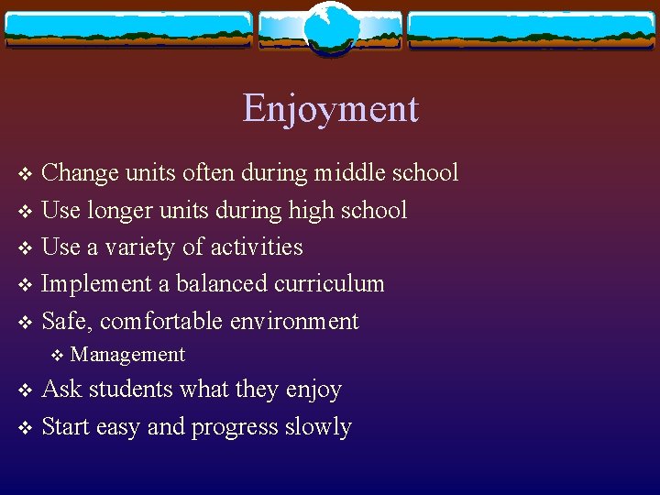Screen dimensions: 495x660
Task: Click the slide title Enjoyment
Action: tap(330, 109)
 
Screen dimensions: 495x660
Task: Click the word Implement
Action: tap(98, 284)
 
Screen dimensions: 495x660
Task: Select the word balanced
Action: tap(216, 284)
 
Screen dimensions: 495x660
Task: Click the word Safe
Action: tap(67, 321)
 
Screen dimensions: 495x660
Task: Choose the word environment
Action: tap(294, 321)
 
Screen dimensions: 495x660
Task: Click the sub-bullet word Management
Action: tap(127, 355)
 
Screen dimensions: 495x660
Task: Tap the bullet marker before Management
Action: tap(59, 355)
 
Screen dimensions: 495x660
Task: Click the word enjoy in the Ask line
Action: tap(313, 390)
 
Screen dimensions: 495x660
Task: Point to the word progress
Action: tap(233, 427)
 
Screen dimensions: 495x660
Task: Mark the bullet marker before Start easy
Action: tap(25, 427)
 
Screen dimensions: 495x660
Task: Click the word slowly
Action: tap(317, 427)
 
